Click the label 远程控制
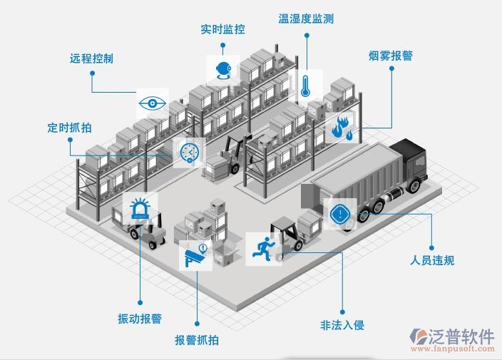click(91, 58)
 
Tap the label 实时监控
click(222, 29)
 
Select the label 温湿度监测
click(306, 18)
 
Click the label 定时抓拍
click(69, 128)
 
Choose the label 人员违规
click(432, 260)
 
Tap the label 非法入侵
click(342, 325)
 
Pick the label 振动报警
click(140, 318)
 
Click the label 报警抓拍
click(197, 340)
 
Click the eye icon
click(151, 103)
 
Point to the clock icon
click(189, 151)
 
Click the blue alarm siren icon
click(140, 209)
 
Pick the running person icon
click(262, 247)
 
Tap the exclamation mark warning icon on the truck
click(339, 213)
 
